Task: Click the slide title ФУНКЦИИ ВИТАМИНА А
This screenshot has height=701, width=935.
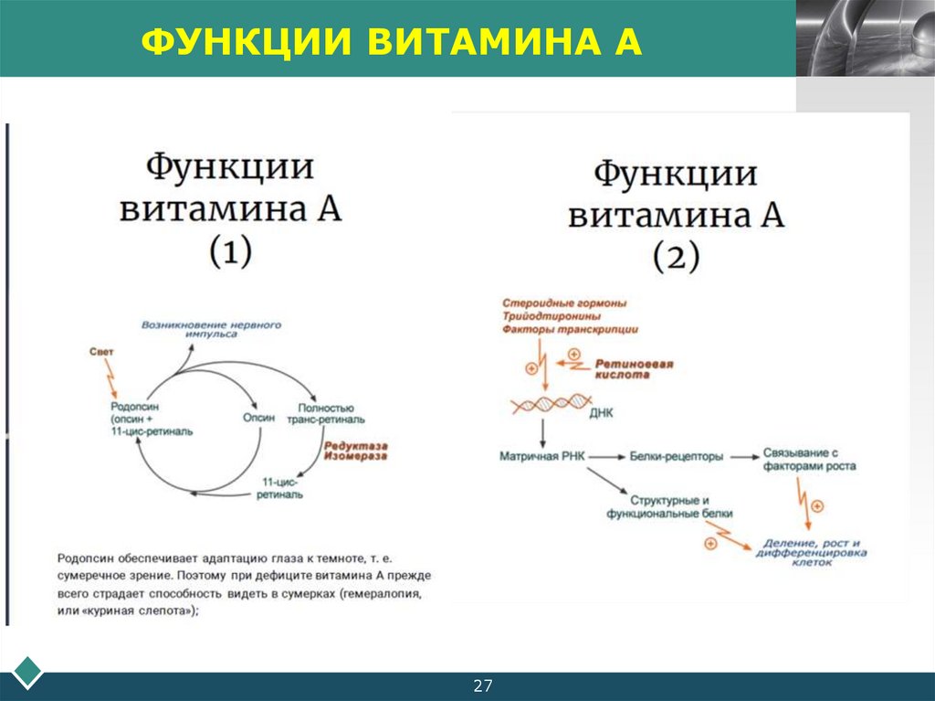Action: [392, 41]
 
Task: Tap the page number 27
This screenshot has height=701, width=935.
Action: [482, 685]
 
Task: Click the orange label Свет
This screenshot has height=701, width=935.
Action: [101, 352]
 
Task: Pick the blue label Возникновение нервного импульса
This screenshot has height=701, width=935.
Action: [211, 330]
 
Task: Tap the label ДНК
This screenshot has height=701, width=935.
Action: [603, 413]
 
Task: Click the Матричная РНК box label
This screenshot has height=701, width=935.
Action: [542, 454]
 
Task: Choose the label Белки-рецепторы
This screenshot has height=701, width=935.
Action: [677, 454]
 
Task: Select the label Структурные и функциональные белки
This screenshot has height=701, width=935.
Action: [669, 508]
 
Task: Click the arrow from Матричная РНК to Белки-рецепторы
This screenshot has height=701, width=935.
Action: [604, 454]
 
